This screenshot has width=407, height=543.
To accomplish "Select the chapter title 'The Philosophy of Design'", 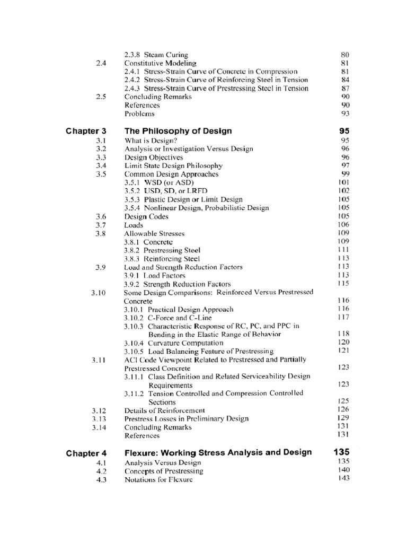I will pos(178,130).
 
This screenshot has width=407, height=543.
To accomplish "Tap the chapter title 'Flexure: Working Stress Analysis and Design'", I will pos(218,452).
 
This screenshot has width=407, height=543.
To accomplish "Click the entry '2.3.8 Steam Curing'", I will pos(156,55).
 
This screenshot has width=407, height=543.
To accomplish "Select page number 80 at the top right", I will pos(345,55).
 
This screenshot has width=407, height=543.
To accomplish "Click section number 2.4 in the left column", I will pos(101,63).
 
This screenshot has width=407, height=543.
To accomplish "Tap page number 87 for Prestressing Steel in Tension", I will pos(345,88).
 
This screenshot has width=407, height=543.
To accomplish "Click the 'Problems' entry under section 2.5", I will pos(140,113).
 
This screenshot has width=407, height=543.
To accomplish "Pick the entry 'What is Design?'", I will pos(151,141).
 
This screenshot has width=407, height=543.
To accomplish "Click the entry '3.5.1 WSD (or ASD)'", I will pos(156,183).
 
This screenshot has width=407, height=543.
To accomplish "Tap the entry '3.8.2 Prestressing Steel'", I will pos(162,250).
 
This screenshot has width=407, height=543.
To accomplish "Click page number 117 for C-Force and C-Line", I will pos(343,317).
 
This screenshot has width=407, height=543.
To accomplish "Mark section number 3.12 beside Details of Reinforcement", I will pos(99,410).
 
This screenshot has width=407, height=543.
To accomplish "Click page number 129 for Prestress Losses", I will pos(343,418).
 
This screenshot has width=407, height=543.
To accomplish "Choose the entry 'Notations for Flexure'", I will pos(158,479).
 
